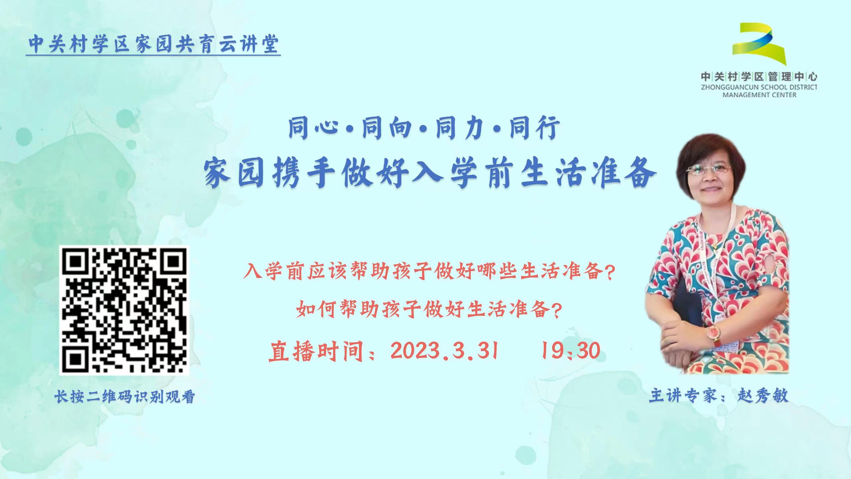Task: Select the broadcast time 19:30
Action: pyautogui.click(x=570, y=351)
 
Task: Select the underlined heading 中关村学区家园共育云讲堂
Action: pyautogui.click(x=153, y=44)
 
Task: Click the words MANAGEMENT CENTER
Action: pyautogui.click(x=759, y=95)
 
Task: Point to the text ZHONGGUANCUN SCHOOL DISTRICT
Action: pyautogui.click(x=759, y=87)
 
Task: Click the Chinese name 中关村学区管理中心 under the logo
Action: pyautogui.click(x=759, y=77)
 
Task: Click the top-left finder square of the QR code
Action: pyautogui.click(x=75, y=261)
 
